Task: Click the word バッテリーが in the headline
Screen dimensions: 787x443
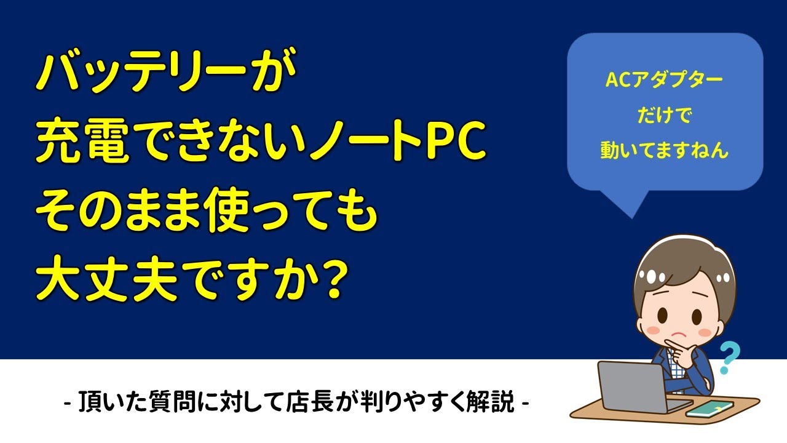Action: click(166, 72)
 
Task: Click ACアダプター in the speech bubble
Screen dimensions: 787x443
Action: click(665, 80)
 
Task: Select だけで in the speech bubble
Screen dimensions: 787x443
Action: click(665, 115)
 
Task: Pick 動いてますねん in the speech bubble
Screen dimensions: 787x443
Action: click(665, 150)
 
